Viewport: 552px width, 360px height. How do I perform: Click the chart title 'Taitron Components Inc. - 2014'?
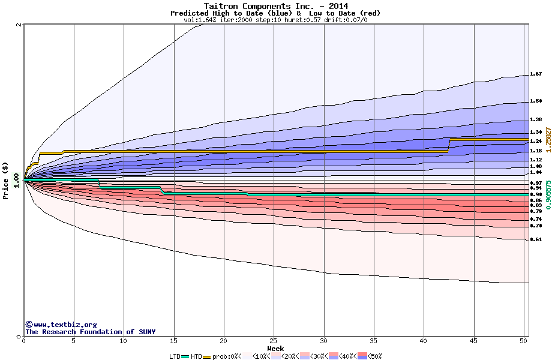point(275,6)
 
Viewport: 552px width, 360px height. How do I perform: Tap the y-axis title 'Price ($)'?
point(6,181)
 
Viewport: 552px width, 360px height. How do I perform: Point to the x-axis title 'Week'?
point(275,349)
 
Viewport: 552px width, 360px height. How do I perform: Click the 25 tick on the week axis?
point(274,341)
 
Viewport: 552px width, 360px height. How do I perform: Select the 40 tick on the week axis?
point(424,341)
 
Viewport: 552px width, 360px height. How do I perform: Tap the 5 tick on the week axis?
point(74,341)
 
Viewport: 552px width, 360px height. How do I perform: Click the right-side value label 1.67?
point(536,74)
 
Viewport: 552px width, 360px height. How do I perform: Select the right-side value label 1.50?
point(536,101)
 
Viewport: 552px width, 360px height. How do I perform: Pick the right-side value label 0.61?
point(536,239)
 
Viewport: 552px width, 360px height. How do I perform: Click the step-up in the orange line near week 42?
point(448,145)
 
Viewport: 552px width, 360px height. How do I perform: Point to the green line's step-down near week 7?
point(99,184)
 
